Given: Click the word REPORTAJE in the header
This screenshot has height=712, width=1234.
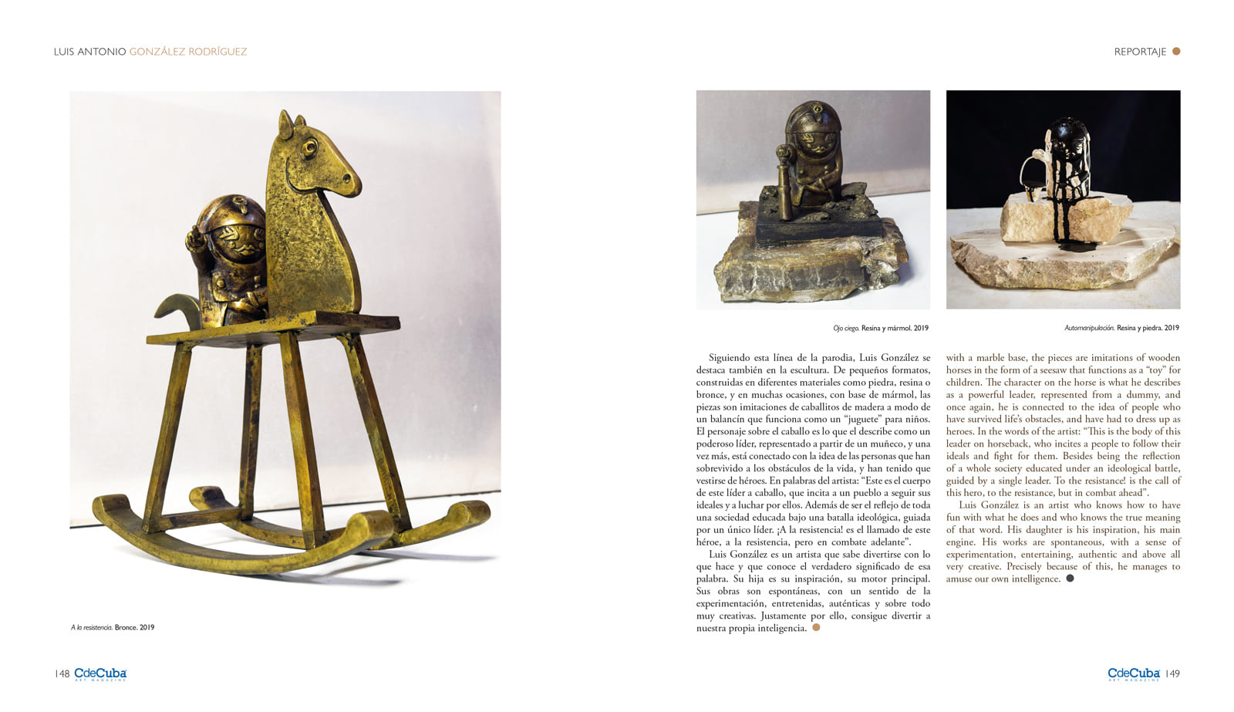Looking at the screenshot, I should tap(1139, 52).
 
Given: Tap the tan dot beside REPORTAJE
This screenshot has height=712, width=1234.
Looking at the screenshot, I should tap(1176, 52).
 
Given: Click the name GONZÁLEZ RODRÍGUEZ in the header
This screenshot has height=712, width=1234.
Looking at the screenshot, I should tap(188, 52).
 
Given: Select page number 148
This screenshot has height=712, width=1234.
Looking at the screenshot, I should tap(62, 673).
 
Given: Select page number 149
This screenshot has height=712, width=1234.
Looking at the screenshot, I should tap(1172, 673).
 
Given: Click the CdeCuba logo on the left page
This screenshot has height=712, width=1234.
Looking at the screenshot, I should tap(100, 674).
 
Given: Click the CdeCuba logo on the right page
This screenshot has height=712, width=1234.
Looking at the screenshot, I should tap(1133, 674).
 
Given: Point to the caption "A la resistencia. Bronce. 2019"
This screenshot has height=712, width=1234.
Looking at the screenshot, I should tap(113, 627).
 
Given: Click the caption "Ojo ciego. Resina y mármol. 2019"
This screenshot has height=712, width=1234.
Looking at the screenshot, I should tap(880, 328).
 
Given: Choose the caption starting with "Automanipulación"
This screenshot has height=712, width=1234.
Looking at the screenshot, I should tap(1121, 328).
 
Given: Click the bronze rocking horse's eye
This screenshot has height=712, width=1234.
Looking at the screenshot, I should tap(309, 146).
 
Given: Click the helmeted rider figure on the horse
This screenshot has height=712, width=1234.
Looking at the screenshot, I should tap(228, 255).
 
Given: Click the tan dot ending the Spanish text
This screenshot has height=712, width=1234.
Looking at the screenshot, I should tap(816, 627).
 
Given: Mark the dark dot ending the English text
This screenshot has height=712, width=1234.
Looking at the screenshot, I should tap(1070, 579).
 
